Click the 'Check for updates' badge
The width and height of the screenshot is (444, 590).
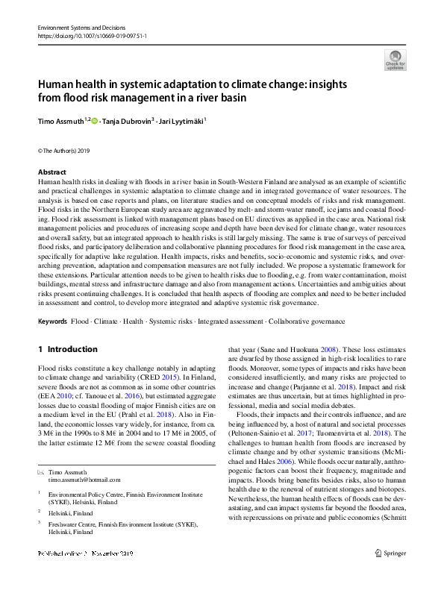(x=395, y=59)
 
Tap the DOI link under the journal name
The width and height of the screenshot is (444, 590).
(x=92, y=35)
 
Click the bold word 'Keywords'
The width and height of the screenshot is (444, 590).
(x=51, y=321)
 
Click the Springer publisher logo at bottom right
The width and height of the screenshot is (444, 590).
(x=390, y=574)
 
